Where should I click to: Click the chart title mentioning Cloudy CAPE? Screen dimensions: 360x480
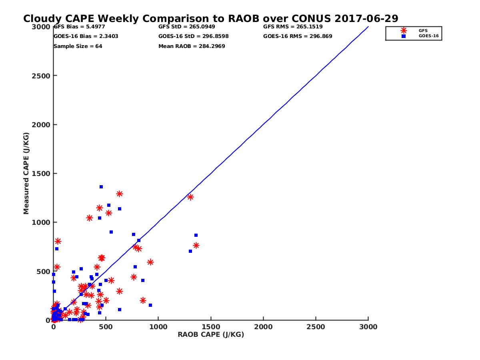pos(211,19)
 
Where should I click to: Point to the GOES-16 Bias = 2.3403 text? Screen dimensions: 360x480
pos(86,36)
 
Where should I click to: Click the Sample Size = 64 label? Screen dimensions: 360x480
pos(78,46)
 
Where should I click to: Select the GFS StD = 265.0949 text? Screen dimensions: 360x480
pos(187,27)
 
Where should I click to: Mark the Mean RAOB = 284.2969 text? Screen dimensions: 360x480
pos(192,46)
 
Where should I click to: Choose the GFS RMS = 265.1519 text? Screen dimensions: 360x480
pos(293,27)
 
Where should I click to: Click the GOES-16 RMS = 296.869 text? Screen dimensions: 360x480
pos(298,36)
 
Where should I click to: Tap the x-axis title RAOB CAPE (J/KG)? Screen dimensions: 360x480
pos(211,335)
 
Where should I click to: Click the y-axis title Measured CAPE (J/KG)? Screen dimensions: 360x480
pos(26,173)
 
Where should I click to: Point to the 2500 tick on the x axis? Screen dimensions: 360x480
pos(316,327)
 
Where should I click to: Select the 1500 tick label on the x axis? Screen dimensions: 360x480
pos(211,327)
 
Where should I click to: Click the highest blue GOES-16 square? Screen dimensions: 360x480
pos(101,187)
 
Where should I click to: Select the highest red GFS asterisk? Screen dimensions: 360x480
pos(119,194)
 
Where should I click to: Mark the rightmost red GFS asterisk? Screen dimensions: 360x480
pos(196,245)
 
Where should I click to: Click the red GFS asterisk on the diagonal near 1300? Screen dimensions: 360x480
pos(190,197)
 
